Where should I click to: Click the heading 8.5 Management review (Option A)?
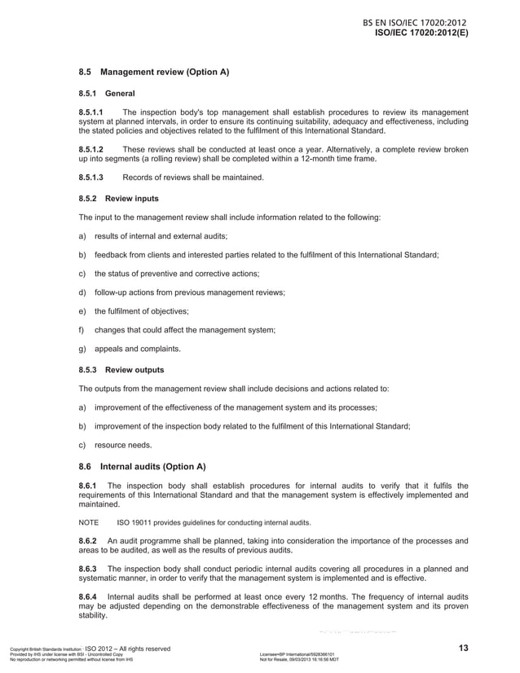tap(153, 73)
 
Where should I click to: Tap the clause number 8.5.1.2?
tap(90, 150)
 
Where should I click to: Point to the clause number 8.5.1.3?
tap(90, 178)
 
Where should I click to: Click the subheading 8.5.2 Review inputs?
tap(118, 198)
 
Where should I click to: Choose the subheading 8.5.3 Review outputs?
tap(121, 369)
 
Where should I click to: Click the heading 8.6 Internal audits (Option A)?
tap(142, 467)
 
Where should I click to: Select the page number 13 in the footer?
tap(463, 649)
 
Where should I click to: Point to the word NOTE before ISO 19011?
tap(88, 523)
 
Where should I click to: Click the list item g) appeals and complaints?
tap(129, 350)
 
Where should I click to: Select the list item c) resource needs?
tap(114, 445)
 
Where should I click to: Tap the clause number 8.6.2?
tap(87, 541)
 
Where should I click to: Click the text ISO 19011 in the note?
tap(135, 523)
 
